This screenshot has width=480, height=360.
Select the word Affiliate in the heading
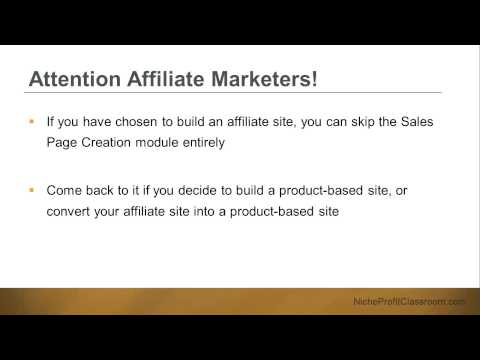click(179, 79)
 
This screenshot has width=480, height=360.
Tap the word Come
click(63, 188)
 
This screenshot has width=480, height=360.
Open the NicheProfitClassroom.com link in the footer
click(409, 301)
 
